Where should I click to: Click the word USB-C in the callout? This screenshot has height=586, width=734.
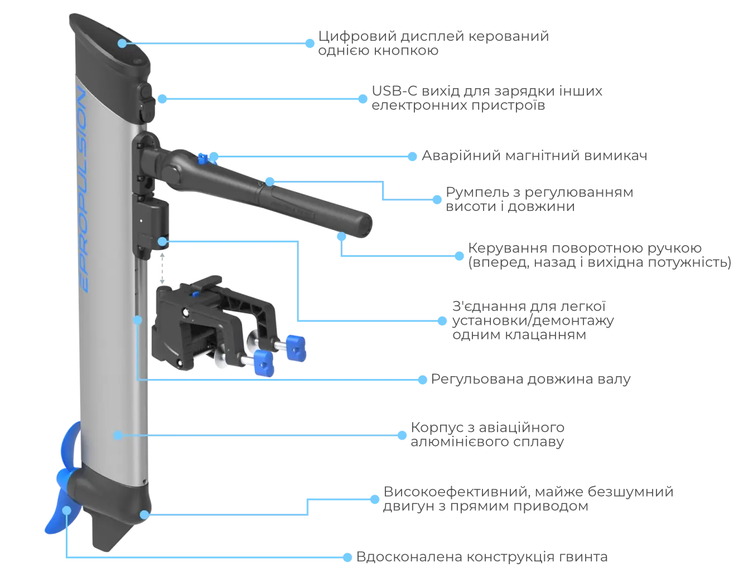tap(394, 91)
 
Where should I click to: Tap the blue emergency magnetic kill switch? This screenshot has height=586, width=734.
tap(203, 158)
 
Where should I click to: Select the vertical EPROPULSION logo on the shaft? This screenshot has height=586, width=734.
tap(82, 189)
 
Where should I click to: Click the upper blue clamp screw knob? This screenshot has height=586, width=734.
tap(296, 348)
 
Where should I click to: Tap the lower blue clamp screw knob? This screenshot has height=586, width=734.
tap(263, 363)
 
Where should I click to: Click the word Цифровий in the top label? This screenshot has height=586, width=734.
tap(358, 37)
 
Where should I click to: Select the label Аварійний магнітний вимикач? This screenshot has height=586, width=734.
tap(534, 156)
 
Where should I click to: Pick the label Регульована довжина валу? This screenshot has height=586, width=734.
tap(531, 379)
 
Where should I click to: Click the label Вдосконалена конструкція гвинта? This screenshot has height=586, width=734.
tap(482, 556)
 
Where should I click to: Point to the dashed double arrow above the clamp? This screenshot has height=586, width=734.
tap(162, 268)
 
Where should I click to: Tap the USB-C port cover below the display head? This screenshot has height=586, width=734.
tap(147, 102)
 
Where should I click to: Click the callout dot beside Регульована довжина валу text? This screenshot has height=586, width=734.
tap(422, 380)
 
